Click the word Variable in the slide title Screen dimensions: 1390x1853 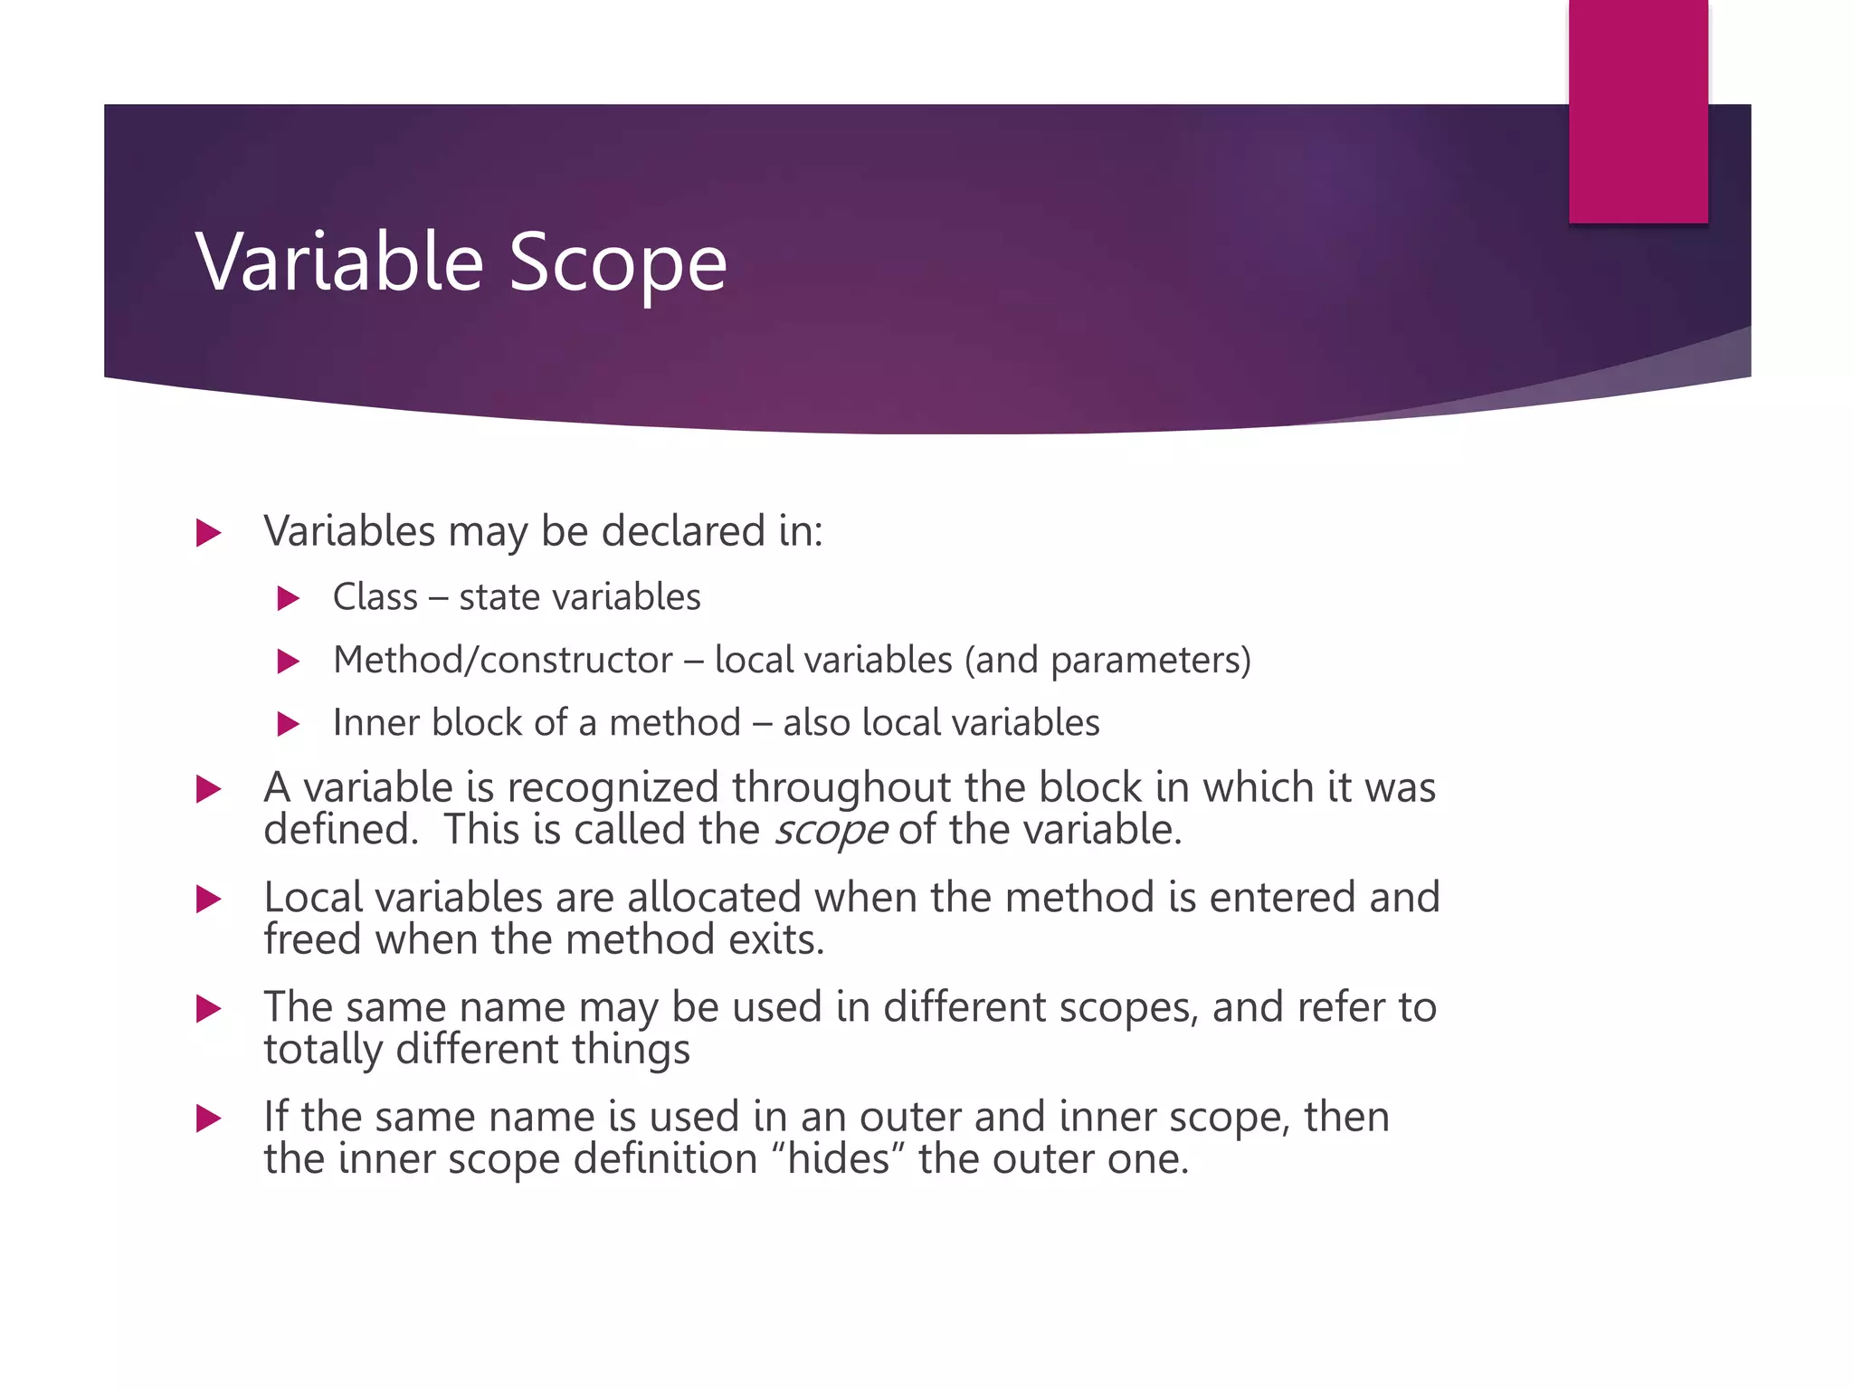(339, 262)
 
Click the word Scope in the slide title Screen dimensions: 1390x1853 (617, 263)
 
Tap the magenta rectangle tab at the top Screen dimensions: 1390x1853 (1638, 110)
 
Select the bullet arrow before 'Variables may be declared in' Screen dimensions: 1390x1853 (208, 533)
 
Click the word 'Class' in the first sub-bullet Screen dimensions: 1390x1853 (375, 597)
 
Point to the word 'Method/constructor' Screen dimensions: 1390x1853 (502, 660)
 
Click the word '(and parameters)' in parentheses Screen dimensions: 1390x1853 (1107, 660)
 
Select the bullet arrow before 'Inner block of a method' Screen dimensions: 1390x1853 (288, 724)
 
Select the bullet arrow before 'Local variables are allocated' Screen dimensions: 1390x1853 (208, 900)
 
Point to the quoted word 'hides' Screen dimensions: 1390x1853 (839, 1159)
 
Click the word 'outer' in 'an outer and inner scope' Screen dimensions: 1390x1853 (909, 1118)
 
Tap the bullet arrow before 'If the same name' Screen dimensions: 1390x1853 (208, 1119)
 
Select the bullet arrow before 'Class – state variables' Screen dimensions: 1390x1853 (288, 598)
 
